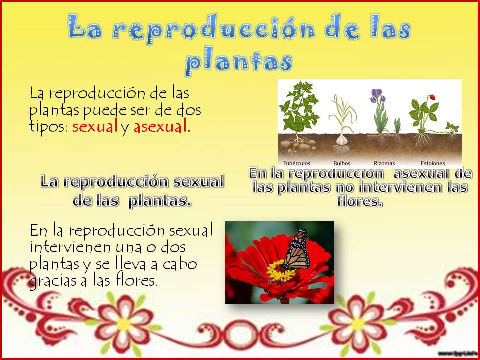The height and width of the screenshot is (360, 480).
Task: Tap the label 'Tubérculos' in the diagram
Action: click(x=297, y=163)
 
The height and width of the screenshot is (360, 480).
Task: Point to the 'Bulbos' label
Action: click(x=342, y=163)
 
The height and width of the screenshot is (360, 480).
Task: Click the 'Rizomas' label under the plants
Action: click(x=384, y=163)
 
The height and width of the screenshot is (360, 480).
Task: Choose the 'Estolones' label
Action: click(x=433, y=163)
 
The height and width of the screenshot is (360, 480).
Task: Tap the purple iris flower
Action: click(x=378, y=96)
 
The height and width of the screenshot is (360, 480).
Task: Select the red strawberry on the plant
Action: click(x=432, y=97)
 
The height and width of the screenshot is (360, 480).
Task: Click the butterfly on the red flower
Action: click(x=296, y=250)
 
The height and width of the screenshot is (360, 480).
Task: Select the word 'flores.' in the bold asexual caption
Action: click(x=360, y=201)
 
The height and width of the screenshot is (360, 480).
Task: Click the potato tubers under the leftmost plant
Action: click(x=298, y=145)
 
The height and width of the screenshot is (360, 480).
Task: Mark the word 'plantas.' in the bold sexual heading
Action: click(x=160, y=202)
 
